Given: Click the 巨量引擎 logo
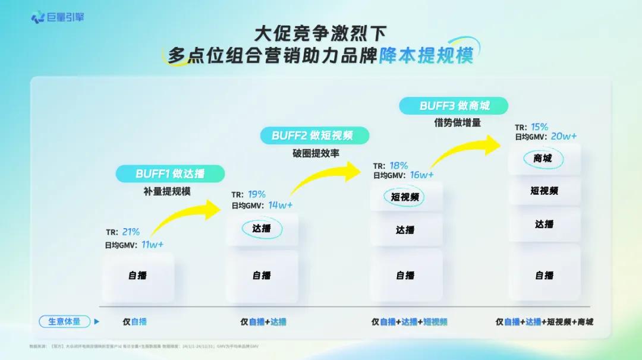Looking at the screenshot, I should (58, 17).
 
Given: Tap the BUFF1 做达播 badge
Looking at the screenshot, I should (170, 174).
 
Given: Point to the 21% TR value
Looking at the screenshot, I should (131, 232).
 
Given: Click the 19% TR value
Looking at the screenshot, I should (257, 194).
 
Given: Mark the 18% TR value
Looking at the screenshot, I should (399, 166).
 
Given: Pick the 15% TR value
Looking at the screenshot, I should (540, 127).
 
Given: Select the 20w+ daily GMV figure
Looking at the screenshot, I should (564, 137).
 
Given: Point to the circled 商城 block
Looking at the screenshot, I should (543, 159).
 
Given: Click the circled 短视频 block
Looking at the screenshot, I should (405, 197).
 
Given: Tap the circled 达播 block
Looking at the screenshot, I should (262, 228).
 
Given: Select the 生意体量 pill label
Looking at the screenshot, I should (64, 322).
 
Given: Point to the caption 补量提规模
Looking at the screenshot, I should (170, 191).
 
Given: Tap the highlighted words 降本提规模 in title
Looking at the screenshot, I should (426, 56).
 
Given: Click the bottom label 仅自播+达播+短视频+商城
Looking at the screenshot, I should (545, 322).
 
